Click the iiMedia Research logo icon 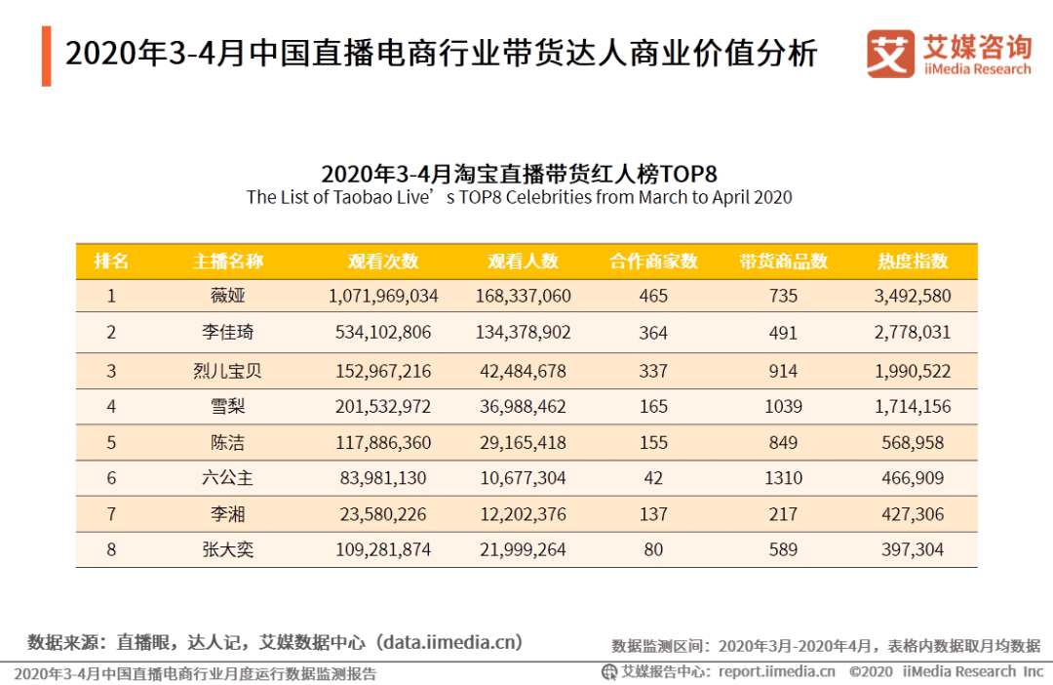[x=890, y=54]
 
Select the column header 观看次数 [x=383, y=262]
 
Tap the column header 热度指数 [x=913, y=262]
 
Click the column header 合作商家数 [x=653, y=262]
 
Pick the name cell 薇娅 [x=227, y=296]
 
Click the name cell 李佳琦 [x=227, y=333]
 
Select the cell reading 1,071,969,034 [x=383, y=296]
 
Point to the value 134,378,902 [x=523, y=333]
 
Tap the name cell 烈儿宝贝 [x=227, y=371]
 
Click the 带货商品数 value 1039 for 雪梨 [x=783, y=406]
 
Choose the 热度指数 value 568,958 [x=913, y=443]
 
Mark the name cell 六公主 [x=227, y=478]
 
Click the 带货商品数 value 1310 [x=783, y=478]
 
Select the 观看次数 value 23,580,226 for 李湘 [x=383, y=514]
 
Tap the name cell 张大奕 [x=227, y=550]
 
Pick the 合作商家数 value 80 [x=653, y=550]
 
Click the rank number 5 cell [x=111, y=443]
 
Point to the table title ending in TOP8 [x=519, y=174]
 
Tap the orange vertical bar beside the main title [x=46, y=57]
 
